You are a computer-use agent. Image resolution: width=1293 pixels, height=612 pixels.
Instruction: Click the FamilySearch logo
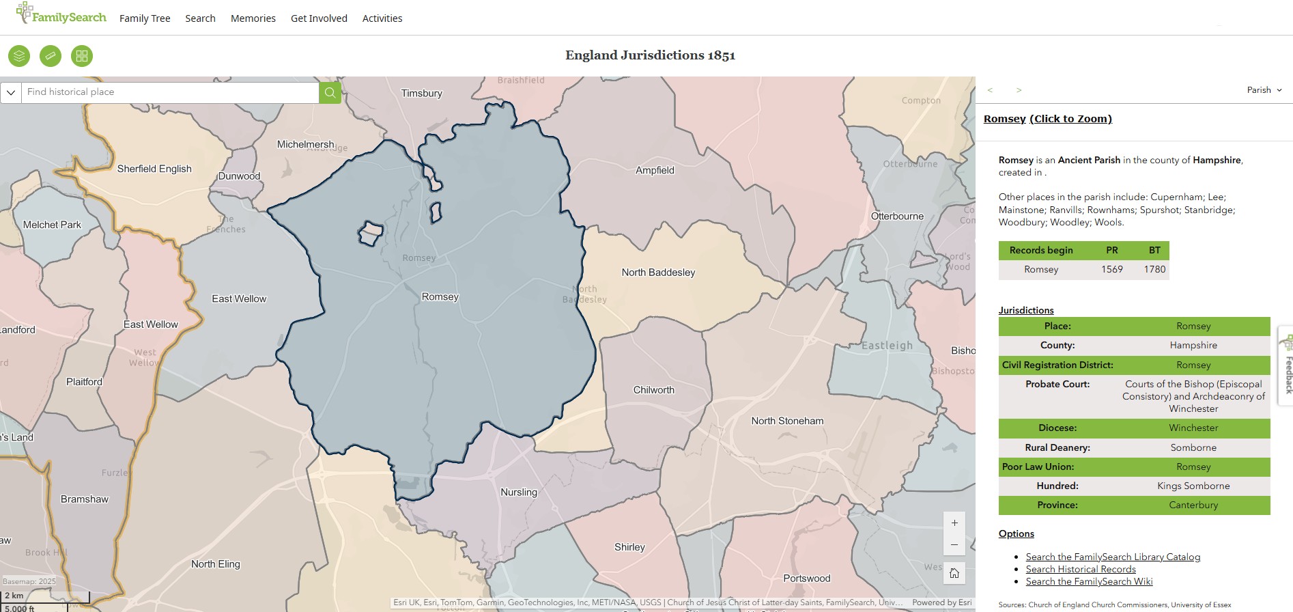[61, 14]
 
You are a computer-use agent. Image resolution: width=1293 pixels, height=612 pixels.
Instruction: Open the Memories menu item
[253, 18]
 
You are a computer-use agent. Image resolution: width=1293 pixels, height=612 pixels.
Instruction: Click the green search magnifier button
[330, 92]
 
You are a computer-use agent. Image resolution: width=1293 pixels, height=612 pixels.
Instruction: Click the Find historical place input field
[170, 92]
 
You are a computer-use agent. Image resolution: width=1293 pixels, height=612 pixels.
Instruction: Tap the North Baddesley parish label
[658, 273]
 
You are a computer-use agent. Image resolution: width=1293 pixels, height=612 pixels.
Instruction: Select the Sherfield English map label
[154, 169]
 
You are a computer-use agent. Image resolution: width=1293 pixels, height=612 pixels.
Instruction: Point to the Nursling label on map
[519, 492]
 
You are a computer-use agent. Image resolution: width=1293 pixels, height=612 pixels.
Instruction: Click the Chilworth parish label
[653, 390]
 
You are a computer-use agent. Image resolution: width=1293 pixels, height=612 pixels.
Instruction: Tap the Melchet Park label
[52, 225]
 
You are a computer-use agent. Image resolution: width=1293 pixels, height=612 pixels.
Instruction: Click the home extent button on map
[954, 573]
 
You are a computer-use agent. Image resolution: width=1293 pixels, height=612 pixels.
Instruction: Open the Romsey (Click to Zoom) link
[1047, 119]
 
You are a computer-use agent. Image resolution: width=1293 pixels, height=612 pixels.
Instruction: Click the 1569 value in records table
[1111, 270]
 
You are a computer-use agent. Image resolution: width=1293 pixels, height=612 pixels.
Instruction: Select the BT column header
[1154, 250]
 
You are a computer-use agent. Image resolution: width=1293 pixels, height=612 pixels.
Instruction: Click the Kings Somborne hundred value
[1193, 486]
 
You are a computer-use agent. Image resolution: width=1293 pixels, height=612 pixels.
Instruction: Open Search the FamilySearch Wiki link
[1089, 581]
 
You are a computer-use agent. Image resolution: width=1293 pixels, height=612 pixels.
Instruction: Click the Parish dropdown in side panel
[1264, 90]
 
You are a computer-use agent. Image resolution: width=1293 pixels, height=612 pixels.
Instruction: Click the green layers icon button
[19, 56]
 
